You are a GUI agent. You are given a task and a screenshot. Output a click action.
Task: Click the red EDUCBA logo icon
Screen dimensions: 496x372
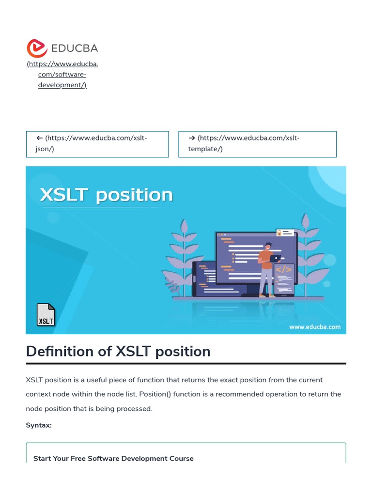coord(37,48)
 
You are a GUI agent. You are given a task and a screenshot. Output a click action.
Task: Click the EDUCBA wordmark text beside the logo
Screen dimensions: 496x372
coord(74,48)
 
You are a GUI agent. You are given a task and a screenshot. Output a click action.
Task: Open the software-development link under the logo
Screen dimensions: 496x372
coord(62,75)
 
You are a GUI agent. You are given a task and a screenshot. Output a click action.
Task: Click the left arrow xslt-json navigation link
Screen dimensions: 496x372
coord(97,143)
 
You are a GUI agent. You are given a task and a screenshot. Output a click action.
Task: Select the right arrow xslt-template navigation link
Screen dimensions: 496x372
coord(257,143)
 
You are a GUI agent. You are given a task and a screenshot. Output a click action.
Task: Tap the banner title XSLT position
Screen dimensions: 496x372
coord(106,195)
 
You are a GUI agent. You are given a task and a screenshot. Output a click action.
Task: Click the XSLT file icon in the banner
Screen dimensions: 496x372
coord(46,315)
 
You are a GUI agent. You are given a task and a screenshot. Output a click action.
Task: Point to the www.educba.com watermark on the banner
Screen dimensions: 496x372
coord(315,327)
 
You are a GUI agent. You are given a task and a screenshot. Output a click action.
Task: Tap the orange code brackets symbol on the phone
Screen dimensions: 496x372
coord(284,269)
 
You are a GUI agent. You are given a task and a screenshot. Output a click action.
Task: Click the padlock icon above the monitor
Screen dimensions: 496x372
coord(279,233)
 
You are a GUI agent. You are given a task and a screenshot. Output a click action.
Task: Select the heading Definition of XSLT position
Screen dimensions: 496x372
coord(118,351)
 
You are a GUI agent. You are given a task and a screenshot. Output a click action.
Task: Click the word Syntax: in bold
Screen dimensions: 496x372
coord(39,425)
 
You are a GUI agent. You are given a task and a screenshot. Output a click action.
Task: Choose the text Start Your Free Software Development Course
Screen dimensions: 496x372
coord(113,458)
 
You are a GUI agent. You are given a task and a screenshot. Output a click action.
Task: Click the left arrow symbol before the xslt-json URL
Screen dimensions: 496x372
coord(40,138)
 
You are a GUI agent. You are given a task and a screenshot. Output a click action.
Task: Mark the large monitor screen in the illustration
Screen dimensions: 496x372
coord(256,257)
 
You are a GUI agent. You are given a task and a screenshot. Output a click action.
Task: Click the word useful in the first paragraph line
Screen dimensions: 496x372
coord(90,380)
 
